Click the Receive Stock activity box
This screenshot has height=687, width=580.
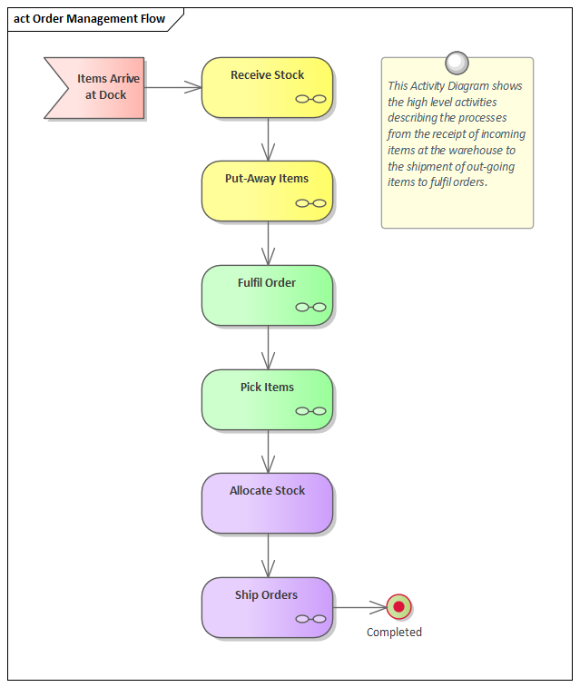(267, 87)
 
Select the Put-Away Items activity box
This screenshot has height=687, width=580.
(267, 191)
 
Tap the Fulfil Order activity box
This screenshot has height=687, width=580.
(267, 295)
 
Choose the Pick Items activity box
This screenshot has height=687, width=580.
(267, 399)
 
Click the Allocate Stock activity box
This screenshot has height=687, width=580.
(267, 503)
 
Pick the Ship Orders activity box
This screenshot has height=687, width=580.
(267, 607)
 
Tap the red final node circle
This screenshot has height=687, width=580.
(398, 607)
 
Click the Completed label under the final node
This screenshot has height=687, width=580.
(394, 633)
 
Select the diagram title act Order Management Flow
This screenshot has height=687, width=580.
(90, 19)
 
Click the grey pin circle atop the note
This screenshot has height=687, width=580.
(457, 62)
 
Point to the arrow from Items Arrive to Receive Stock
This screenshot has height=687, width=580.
(172, 87)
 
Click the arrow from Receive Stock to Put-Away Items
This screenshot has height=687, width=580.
(268, 140)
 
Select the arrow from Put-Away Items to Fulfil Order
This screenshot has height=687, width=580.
(268, 243)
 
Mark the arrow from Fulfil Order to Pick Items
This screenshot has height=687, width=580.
(268, 348)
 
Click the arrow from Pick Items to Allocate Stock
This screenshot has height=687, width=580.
(268, 451)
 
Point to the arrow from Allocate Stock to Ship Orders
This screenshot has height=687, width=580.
(268, 555)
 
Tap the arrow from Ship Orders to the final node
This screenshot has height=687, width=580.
(359, 607)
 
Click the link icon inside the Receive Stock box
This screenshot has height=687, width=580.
(310, 99)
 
